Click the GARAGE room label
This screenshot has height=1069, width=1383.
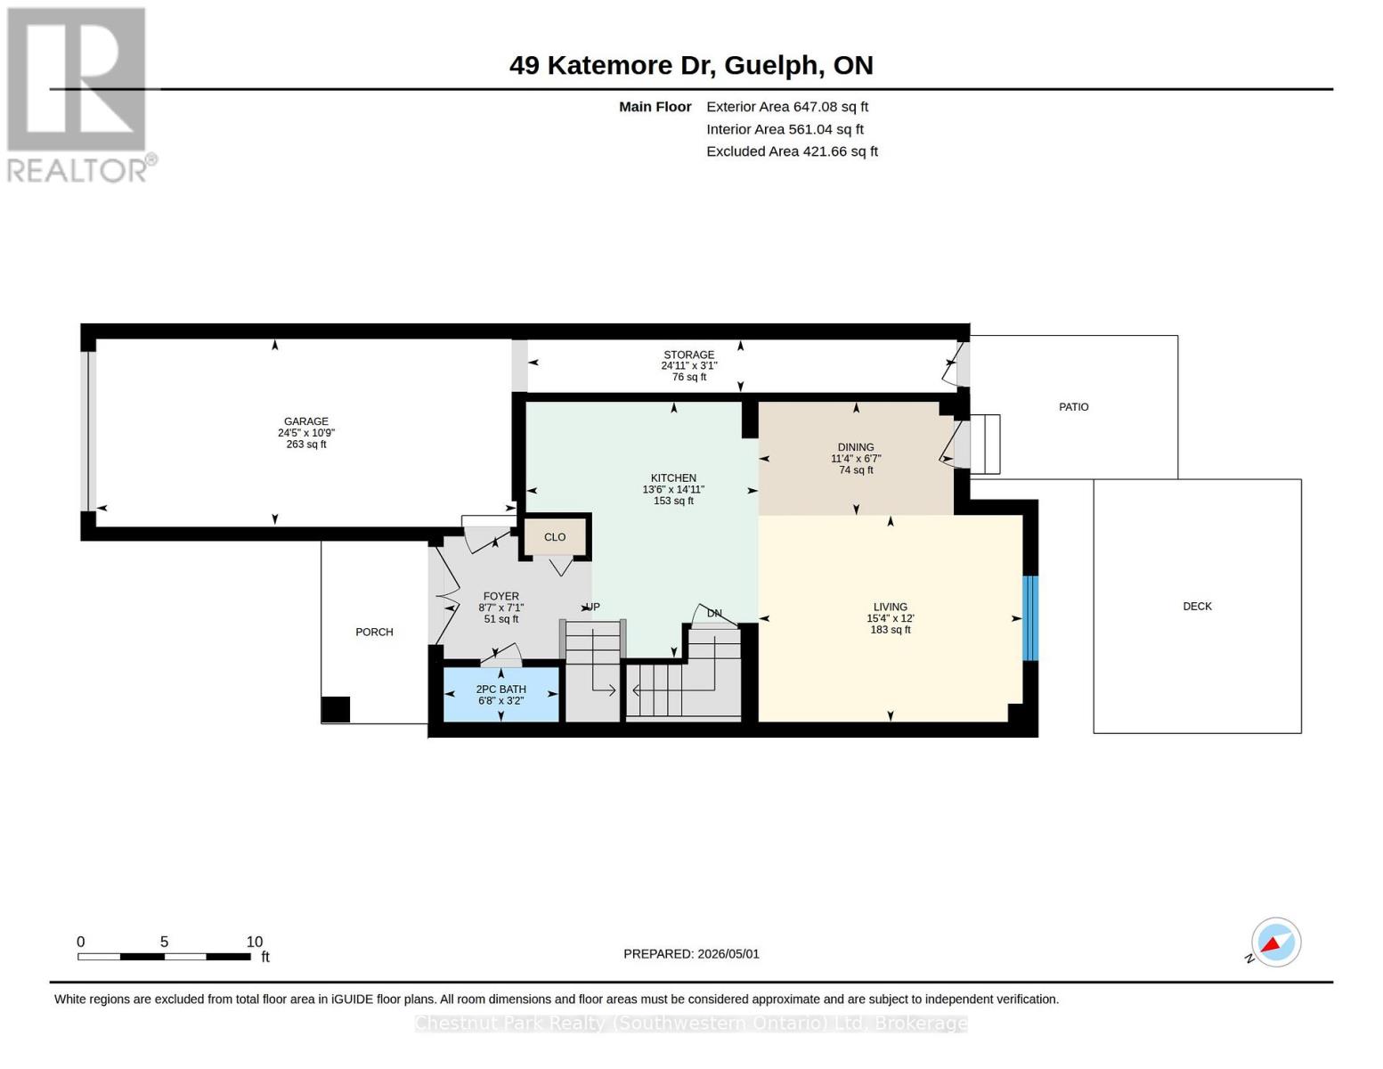tap(306, 421)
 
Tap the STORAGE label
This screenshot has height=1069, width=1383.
tap(688, 355)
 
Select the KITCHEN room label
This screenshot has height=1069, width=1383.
tap(673, 478)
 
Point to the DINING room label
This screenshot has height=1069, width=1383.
tap(856, 447)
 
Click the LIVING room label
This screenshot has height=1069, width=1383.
tap(890, 608)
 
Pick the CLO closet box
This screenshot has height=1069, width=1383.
tap(554, 537)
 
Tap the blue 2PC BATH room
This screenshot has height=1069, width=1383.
tap(500, 695)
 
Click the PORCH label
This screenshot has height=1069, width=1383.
tap(374, 632)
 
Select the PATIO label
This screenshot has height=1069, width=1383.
tap(1074, 407)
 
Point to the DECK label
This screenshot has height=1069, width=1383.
tap(1197, 607)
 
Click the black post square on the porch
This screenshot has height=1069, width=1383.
tap(336, 710)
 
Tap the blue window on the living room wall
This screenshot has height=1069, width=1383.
tap(1030, 618)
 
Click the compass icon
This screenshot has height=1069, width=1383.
tap(1275, 943)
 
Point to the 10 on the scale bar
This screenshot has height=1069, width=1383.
tap(255, 942)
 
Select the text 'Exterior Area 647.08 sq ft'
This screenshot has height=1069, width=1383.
tap(787, 107)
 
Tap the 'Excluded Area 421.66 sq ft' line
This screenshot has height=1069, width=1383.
tap(793, 151)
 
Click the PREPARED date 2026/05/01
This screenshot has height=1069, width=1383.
tap(728, 954)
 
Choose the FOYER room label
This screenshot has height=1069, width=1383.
tap(500, 597)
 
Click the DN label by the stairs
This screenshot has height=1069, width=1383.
tap(715, 614)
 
